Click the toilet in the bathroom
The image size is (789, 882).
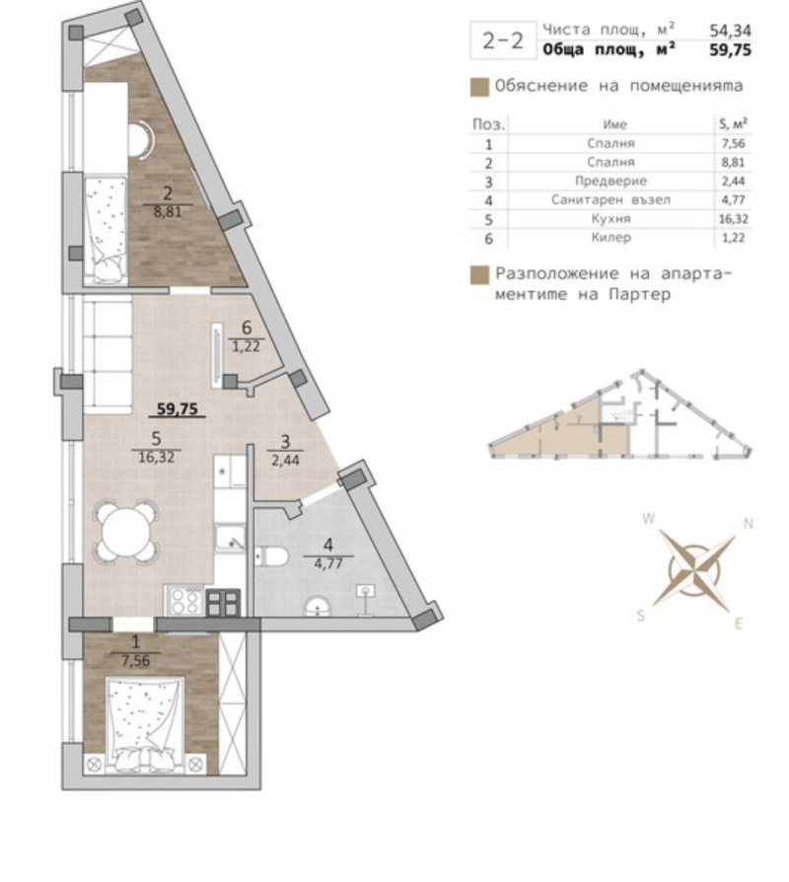point(270,558)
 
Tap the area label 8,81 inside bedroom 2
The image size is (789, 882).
point(168,209)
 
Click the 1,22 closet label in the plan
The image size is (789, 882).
point(247,346)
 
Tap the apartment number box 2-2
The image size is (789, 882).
point(502,41)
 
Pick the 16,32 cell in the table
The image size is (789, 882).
point(732,219)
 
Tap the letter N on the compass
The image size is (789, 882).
point(748,524)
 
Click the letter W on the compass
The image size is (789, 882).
point(648,517)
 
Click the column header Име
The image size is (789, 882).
point(614,124)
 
